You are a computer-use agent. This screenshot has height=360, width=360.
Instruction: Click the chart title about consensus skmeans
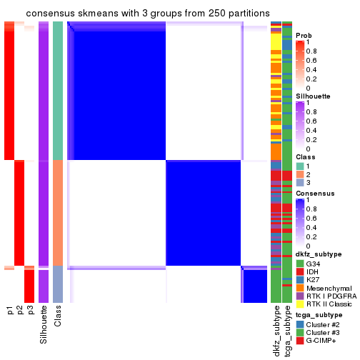tap(148, 14)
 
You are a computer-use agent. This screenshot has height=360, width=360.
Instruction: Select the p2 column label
tap(20, 310)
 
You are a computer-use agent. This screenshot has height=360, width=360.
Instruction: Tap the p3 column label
tap(30, 310)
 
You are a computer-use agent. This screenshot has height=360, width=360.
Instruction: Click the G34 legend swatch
tap(299, 264)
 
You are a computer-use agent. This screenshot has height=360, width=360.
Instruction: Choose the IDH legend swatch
tap(299, 273)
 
